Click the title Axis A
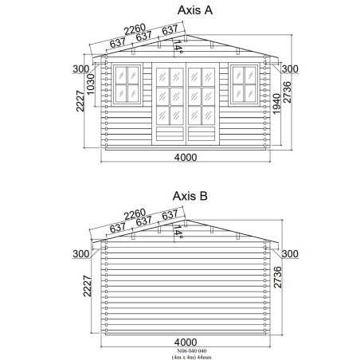(x=195, y=10)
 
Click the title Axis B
(x=190, y=196)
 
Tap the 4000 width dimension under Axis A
(x=186, y=158)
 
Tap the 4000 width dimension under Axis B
(x=186, y=342)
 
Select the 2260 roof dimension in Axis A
(x=135, y=29)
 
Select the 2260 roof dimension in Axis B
(x=135, y=214)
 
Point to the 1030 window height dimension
(x=90, y=84)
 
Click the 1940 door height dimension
(x=276, y=104)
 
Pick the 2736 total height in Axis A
(x=288, y=92)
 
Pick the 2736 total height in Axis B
(x=278, y=277)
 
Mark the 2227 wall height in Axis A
(x=80, y=101)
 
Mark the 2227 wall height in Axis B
(x=88, y=286)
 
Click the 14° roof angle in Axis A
(x=178, y=47)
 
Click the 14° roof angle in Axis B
(x=178, y=233)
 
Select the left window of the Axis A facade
(x=127, y=84)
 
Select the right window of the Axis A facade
(x=245, y=84)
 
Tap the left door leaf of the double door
(x=169, y=104)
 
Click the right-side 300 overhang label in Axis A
(x=290, y=69)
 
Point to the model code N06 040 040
(x=192, y=351)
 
